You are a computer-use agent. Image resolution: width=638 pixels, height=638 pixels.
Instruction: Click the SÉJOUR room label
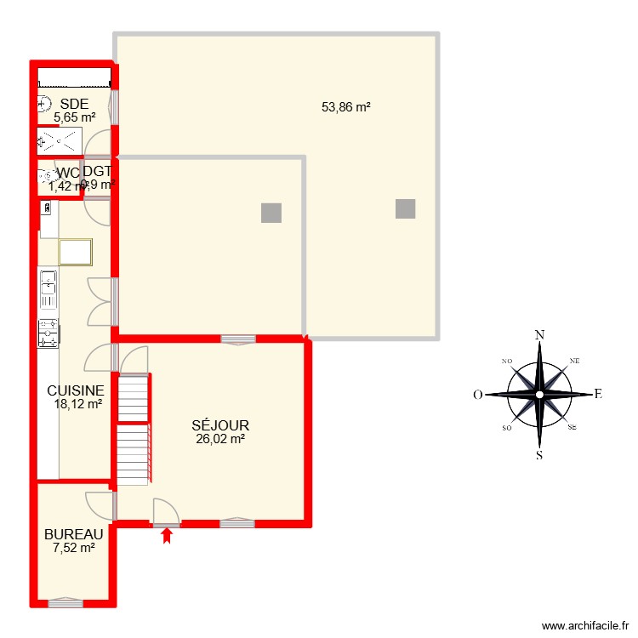[x=220, y=425]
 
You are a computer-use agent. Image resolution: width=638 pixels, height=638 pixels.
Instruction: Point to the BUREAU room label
[x=74, y=534]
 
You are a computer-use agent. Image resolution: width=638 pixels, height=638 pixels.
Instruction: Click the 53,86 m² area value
[x=346, y=107]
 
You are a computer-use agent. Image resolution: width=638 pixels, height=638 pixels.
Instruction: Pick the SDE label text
[x=74, y=105]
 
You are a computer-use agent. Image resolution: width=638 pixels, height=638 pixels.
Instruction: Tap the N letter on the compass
[x=539, y=334]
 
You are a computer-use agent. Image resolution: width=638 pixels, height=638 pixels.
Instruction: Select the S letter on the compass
[x=539, y=454]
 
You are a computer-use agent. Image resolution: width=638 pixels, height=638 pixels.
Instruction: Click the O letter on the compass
[x=479, y=395]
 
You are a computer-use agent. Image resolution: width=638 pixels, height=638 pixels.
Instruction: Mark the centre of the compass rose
[x=539, y=395]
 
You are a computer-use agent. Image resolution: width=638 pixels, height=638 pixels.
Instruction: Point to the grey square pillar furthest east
[x=406, y=208]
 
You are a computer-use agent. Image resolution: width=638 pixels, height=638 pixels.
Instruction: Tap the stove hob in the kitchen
[x=48, y=333]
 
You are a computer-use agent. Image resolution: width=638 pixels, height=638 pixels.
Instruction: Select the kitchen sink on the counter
[x=48, y=290]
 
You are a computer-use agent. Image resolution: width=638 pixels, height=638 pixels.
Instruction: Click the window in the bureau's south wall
[x=66, y=603]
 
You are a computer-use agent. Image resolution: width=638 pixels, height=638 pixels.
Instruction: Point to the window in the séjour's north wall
[x=237, y=339]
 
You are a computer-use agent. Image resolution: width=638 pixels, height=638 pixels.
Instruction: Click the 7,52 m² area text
[x=74, y=548]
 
